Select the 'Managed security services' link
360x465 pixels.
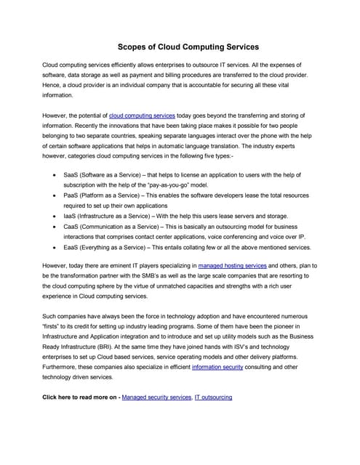(x=156, y=398)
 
